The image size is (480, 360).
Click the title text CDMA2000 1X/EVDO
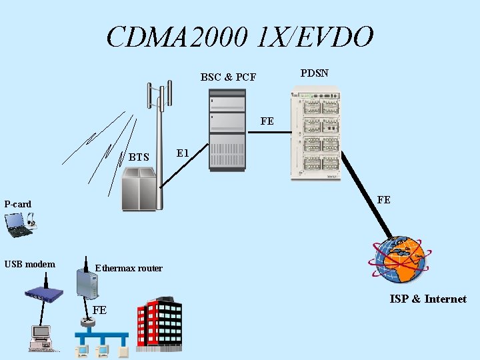coord(240,37)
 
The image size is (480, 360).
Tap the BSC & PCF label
coord(228,77)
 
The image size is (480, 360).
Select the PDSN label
coord(314,73)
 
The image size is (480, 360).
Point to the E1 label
coord(184,154)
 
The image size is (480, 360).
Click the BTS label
coord(139,158)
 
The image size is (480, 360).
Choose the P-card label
coord(18,204)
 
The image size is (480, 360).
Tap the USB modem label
coord(29,264)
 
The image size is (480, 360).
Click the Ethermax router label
coord(128,268)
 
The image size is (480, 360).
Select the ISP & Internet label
coord(428,299)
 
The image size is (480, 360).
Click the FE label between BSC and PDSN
coord(267,121)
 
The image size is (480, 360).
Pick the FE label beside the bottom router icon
coord(99,310)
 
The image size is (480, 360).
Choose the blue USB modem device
coord(44,293)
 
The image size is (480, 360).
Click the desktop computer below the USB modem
coord(41,337)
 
